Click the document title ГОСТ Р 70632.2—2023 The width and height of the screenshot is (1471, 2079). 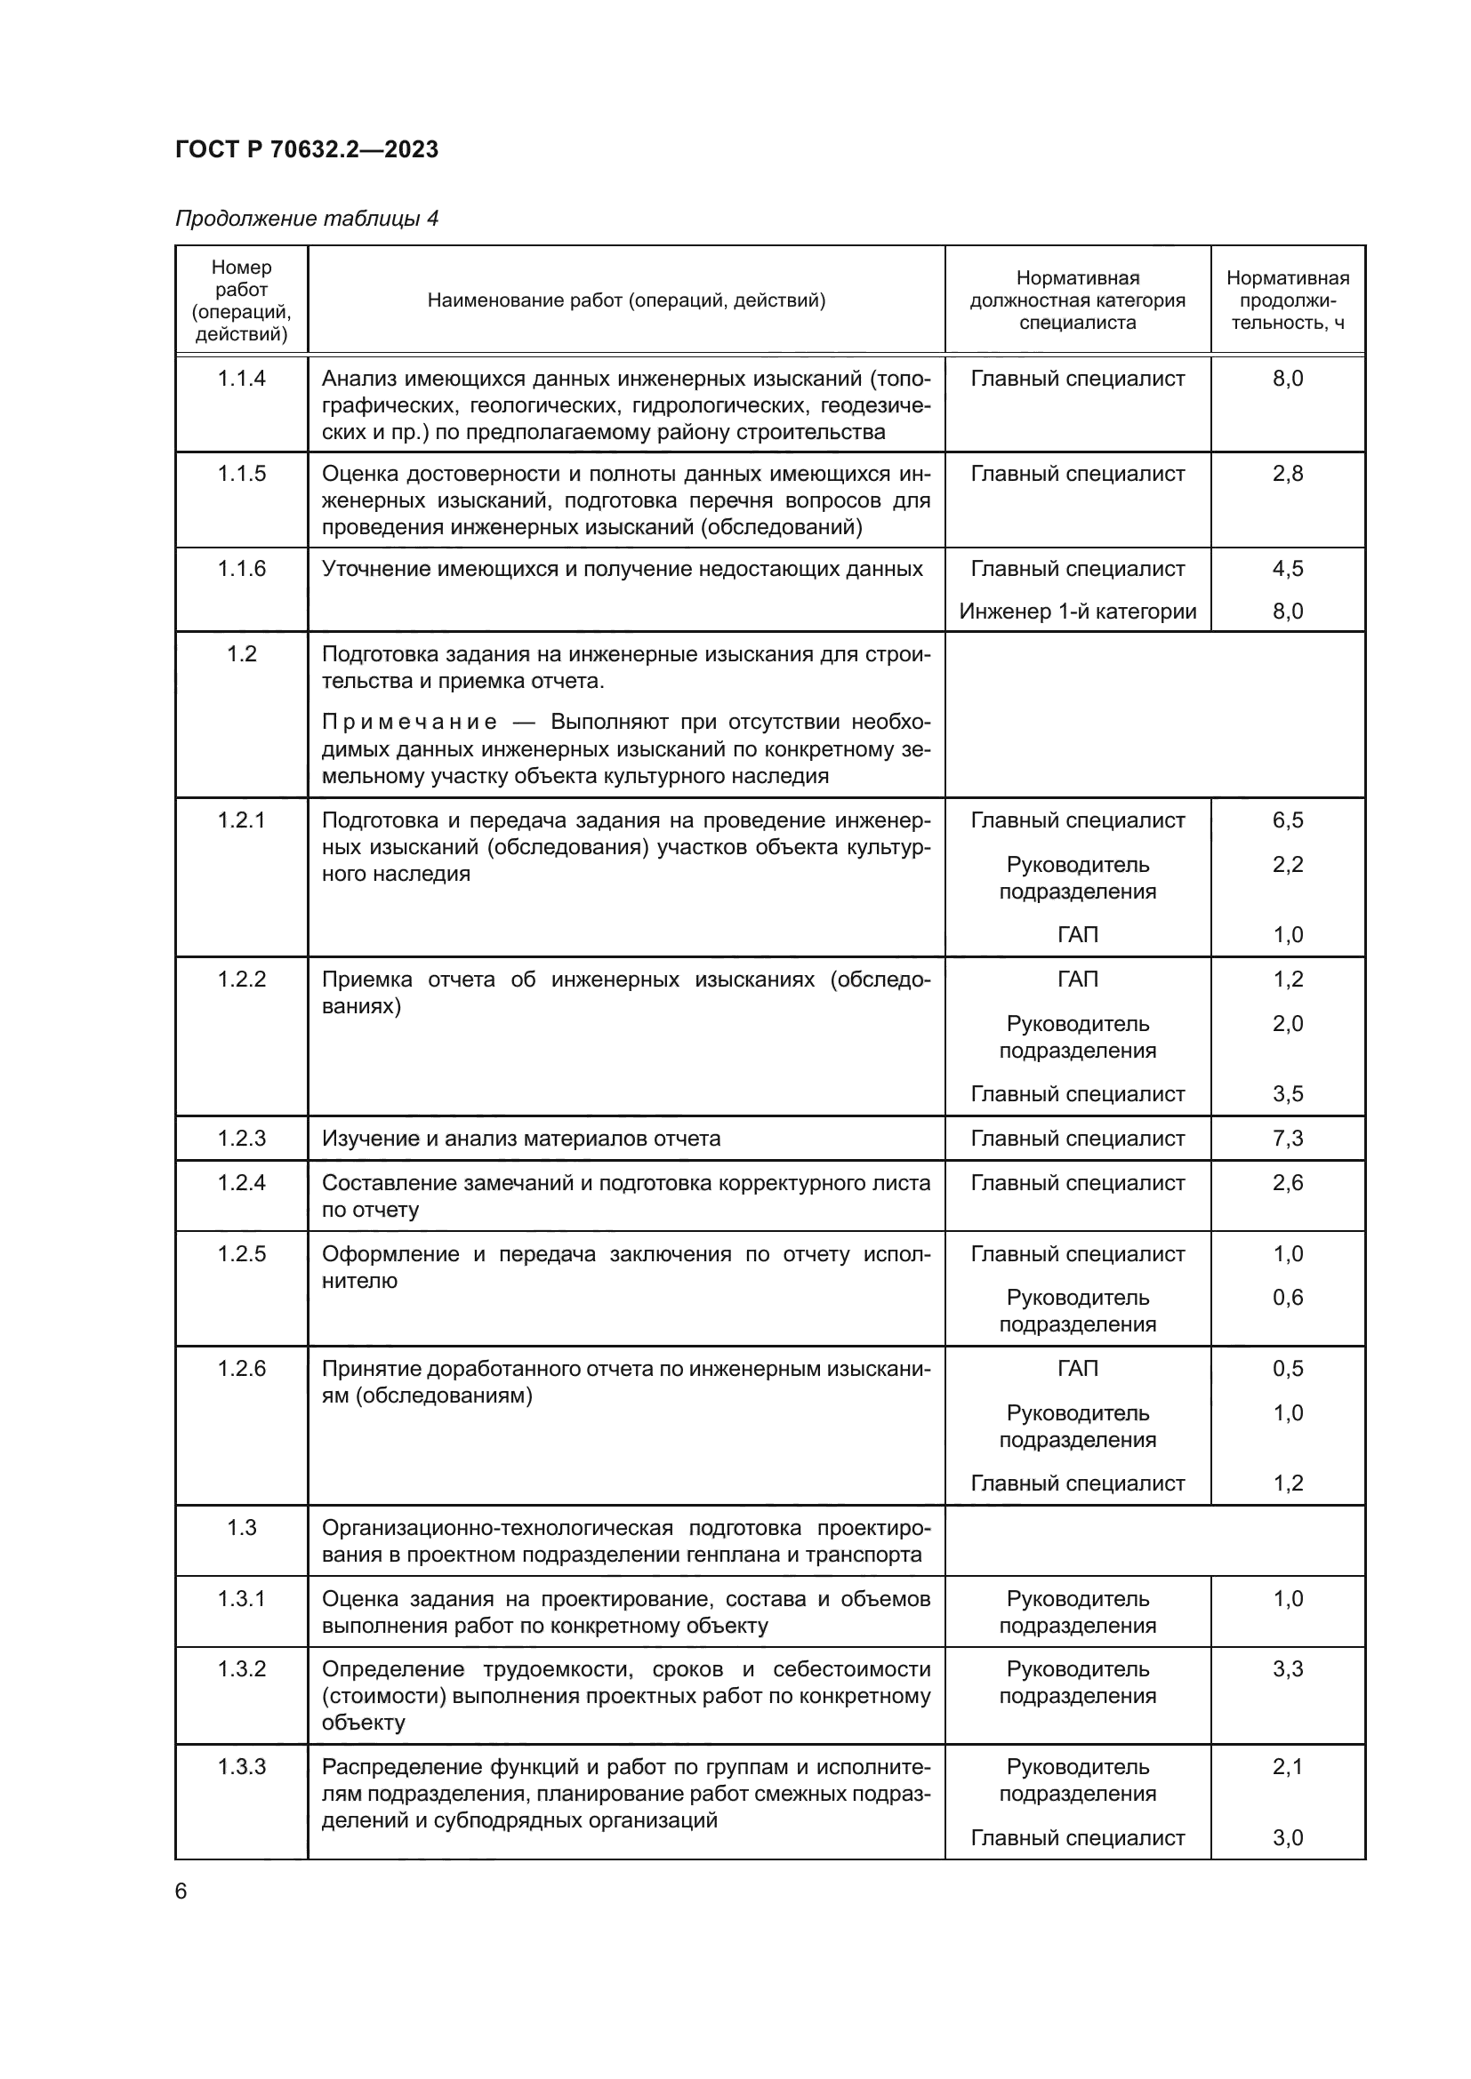(x=306, y=149)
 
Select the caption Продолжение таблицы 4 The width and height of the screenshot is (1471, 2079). (x=306, y=219)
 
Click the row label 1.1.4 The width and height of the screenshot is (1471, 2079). (x=241, y=379)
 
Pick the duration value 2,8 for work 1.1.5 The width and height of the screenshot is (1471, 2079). (x=1287, y=474)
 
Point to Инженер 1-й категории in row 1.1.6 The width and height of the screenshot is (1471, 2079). (x=1077, y=612)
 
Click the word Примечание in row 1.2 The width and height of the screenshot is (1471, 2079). (x=409, y=722)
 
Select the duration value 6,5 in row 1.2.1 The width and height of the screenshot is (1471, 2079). (x=1287, y=820)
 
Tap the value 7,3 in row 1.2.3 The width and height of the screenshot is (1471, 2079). (x=1287, y=1139)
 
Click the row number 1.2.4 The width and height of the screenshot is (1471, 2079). (x=241, y=1182)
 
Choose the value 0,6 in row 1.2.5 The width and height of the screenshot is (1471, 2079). (x=1287, y=1298)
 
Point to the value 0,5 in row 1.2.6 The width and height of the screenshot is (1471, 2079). (x=1287, y=1368)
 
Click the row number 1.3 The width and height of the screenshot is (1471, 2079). (x=241, y=1528)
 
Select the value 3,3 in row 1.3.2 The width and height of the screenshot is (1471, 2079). (x=1287, y=1669)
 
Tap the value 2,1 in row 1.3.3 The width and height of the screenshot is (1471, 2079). (x=1287, y=1767)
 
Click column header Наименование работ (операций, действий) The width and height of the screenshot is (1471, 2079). (x=626, y=300)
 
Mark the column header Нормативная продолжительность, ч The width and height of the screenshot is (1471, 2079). (x=1287, y=300)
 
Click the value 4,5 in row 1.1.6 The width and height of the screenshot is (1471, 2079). (x=1287, y=569)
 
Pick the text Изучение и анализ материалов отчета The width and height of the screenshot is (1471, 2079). (x=521, y=1139)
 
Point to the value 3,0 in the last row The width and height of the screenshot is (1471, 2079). (x=1287, y=1837)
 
